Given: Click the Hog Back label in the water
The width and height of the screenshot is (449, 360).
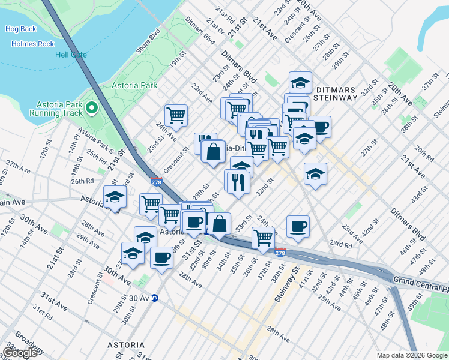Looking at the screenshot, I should click(20, 28).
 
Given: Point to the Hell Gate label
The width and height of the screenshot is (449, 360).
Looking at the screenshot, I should click(71, 55).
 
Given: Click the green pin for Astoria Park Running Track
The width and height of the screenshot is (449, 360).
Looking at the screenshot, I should click(91, 107).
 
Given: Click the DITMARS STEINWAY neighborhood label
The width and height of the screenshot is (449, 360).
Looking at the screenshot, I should click(340, 84).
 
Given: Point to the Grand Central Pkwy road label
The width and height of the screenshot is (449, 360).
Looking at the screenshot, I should click(420, 280).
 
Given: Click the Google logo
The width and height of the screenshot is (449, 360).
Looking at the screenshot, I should click(20, 353).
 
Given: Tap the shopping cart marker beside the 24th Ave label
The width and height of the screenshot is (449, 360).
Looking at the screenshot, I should click(176, 115).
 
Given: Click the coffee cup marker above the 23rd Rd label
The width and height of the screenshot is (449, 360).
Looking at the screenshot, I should click(298, 226).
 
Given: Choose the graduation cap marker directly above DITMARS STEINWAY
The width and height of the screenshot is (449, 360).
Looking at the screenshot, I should click(300, 82).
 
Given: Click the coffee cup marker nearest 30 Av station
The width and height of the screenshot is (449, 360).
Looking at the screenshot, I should click(161, 257).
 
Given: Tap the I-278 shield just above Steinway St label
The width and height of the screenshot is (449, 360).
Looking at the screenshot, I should click(280, 252).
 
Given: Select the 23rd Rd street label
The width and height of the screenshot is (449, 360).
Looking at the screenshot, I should click(340, 245).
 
